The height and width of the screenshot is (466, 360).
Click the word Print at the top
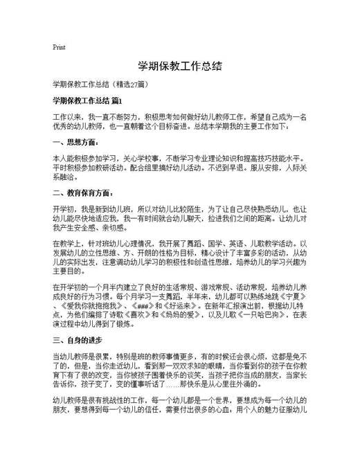point(59,47)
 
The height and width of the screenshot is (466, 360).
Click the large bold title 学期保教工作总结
point(179,66)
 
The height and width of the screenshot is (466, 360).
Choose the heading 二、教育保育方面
point(82,193)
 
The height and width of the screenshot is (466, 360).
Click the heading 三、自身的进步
point(78,339)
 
